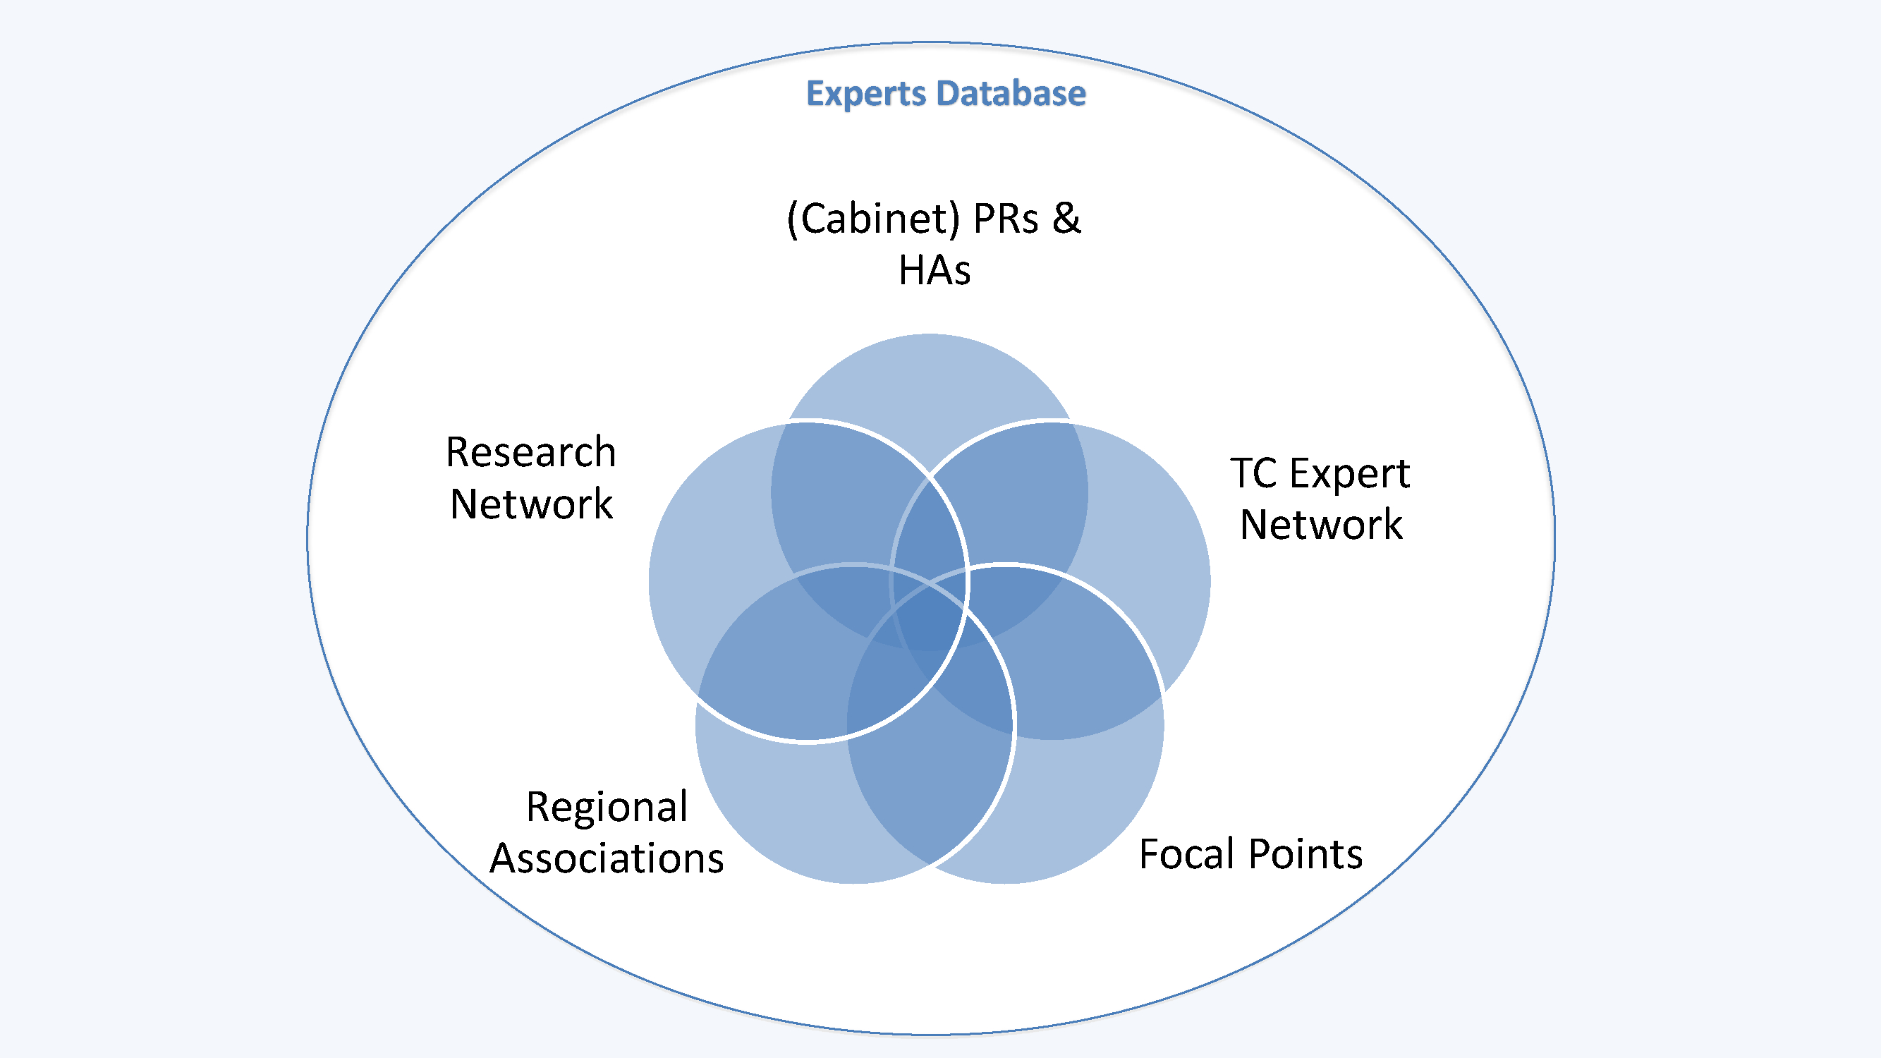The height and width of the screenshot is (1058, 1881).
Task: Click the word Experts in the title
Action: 865,95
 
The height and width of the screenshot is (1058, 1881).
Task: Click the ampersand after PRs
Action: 1066,219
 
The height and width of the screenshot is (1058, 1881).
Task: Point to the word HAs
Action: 934,270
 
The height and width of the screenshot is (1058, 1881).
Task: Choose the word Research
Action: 531,452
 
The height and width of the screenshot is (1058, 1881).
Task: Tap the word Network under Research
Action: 531,504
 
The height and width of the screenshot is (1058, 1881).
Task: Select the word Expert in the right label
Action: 1349,475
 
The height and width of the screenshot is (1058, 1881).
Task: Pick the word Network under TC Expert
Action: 1321,524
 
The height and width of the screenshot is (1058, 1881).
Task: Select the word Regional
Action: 607,807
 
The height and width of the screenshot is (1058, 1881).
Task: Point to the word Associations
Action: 607,858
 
